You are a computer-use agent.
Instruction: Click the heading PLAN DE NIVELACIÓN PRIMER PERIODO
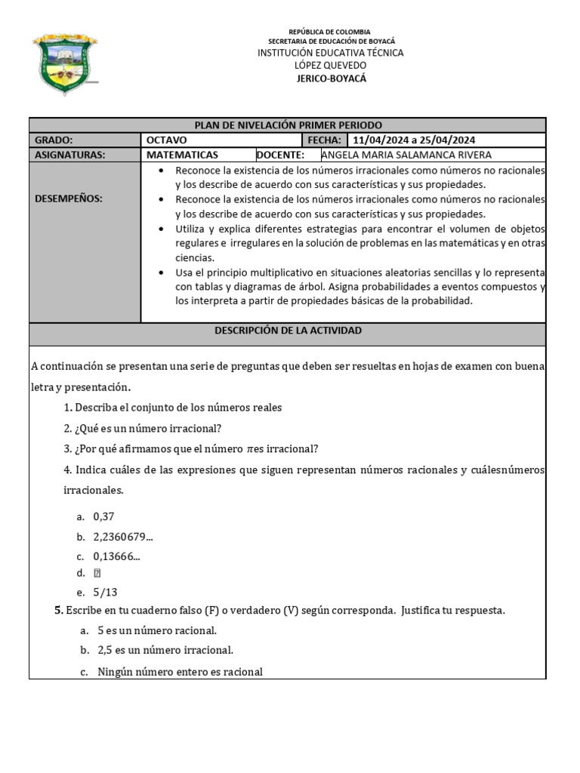click(288, 125)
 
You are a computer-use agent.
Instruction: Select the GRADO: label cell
click(54, 140)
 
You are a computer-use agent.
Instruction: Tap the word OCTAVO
click(167, 140)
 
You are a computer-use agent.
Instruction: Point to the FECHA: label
click(323, 140)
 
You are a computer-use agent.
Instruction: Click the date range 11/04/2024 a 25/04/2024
click(414, 140)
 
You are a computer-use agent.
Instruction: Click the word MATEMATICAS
click(182, 155)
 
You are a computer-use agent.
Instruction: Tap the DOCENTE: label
click(280, 155)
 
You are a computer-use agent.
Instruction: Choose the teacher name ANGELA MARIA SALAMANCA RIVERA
click(406, 155)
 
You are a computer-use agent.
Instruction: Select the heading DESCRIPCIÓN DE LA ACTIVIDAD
click(288, 331)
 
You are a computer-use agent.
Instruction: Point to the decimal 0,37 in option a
click(104, 517)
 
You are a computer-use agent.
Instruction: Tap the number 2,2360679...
click(123, 537)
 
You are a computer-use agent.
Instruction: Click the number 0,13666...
click(116, 557)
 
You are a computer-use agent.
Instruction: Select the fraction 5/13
click(105, 593)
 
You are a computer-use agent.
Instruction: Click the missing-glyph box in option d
click(97, 573)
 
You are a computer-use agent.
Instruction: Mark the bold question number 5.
click(58, 610)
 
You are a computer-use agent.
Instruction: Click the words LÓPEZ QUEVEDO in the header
click(331, 66)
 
